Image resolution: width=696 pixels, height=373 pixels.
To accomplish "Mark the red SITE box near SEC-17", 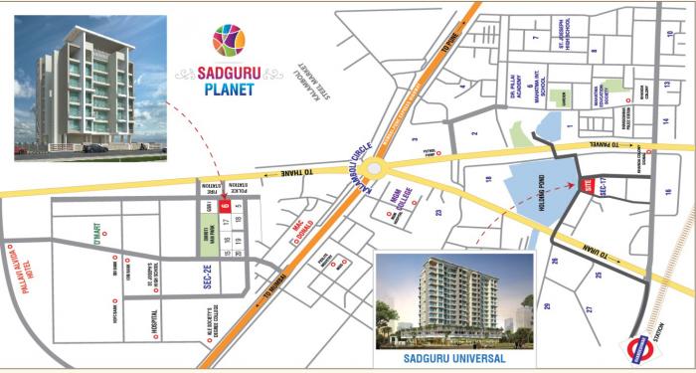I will tap(587, 185).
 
